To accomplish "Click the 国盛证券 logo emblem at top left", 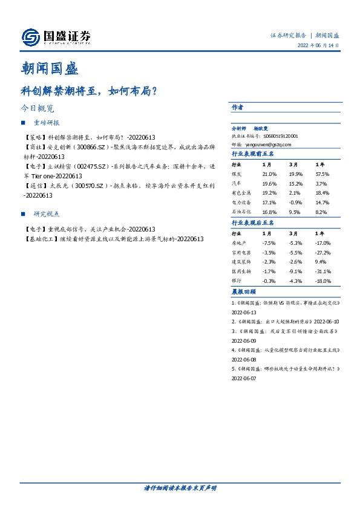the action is (30, 37).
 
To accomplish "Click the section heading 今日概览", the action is (38, 109).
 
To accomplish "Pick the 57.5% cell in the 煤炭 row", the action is (322, 174).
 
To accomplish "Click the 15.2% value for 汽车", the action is (296, 184).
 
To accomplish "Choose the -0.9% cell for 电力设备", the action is (296, 203).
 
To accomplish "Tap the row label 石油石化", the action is (241, 212).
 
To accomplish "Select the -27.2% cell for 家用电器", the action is (323, 252).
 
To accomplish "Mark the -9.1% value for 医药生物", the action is (295, 271).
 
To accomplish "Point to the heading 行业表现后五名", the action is (253, 223).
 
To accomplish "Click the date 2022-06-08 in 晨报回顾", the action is (244, 358).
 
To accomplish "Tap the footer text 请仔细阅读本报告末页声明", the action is (180, 488).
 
